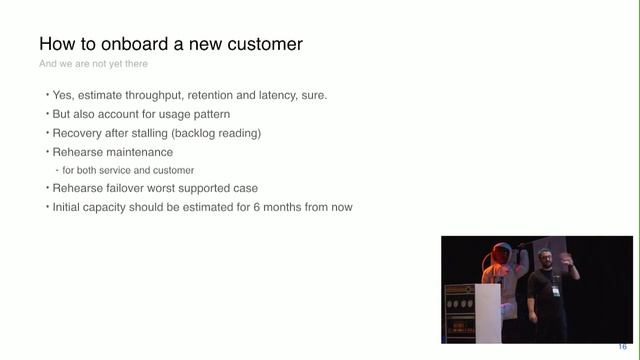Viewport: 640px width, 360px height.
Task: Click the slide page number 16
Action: [x=622, y=347]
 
